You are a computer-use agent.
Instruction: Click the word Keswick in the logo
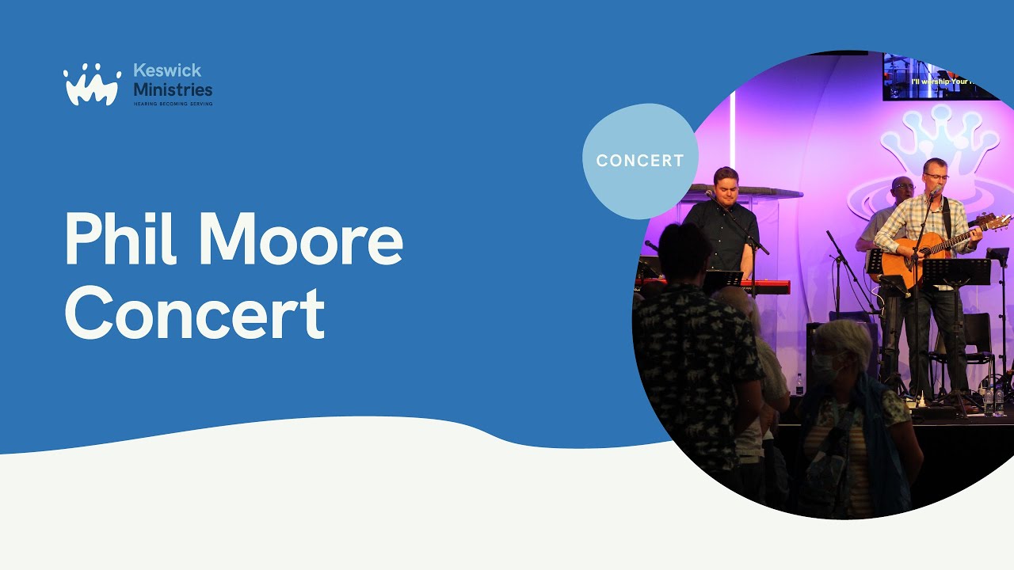point(167,71)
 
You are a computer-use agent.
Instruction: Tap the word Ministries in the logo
point(173,89)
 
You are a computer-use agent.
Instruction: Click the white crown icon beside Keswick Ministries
point(92,85)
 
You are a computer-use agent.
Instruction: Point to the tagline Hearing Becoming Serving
point(173,104)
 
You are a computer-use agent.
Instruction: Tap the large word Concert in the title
point(194,313)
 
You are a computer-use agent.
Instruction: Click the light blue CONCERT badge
point(640,161)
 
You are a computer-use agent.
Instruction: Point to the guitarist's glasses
point(936,177)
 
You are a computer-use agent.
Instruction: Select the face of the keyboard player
point(726,187)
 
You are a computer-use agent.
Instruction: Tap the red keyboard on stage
point(760,286)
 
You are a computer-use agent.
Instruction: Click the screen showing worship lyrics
point(941,78)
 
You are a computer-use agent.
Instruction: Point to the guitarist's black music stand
point(956,272)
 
